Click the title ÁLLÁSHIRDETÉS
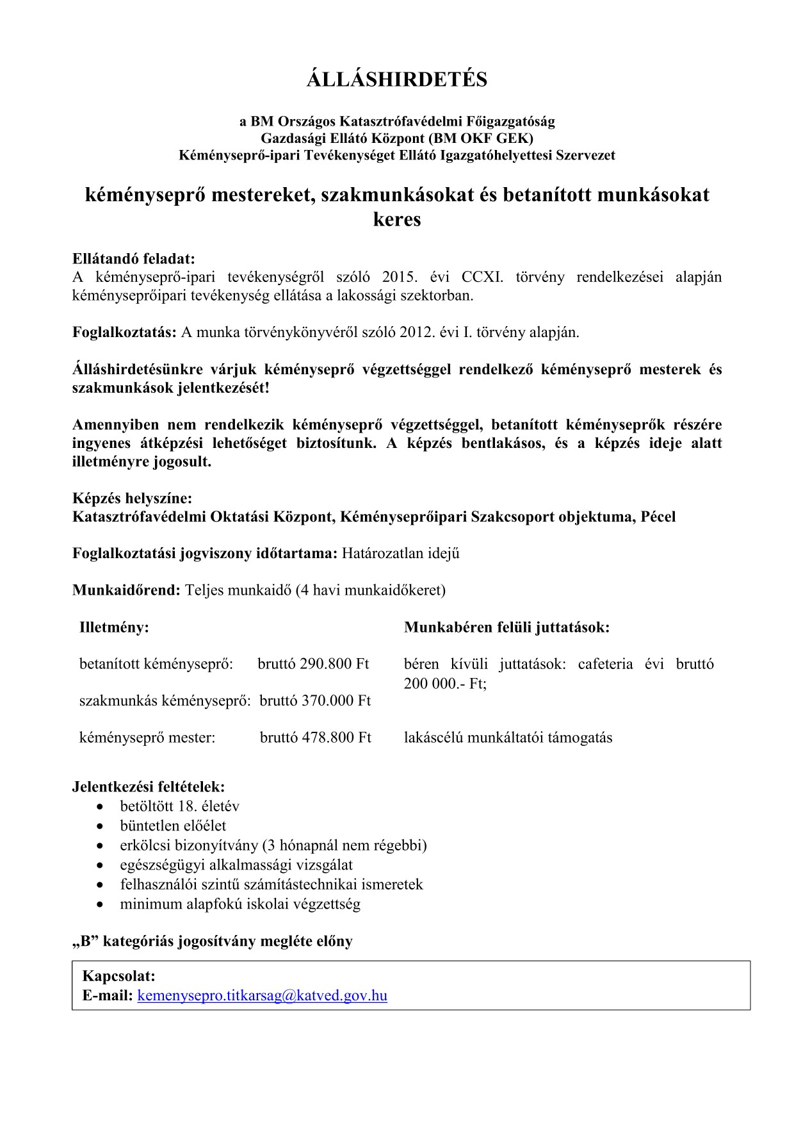coord(397,79)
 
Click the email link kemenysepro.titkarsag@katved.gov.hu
coord(262,995)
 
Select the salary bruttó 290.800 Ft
coord(313,663)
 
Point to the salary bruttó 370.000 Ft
coord(315,700)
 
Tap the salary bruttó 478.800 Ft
coord(315,738)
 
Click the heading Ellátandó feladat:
coord(133,259)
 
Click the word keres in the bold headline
coord(397,219)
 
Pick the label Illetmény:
coord(114,627)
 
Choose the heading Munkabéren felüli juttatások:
coord(506,627)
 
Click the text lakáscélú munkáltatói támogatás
coord(508,738)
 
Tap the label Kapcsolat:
coord(119,977)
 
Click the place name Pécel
coord(658,517)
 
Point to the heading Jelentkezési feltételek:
coord(149,786)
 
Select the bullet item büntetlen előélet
coord(173,826)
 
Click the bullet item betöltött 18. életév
coord(179,806)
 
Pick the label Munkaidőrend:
coord(126,590)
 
